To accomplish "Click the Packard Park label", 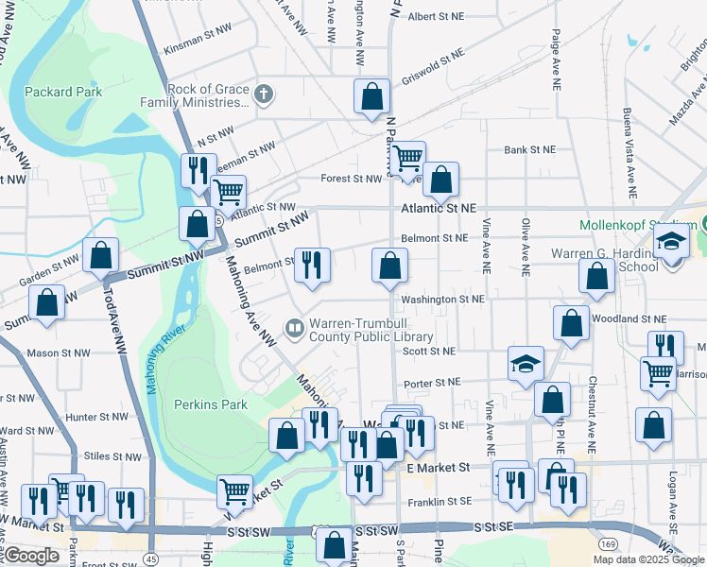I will tap(50, 93).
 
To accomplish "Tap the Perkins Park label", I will tap(211, 404).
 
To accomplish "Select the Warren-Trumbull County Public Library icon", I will tap(295, 329).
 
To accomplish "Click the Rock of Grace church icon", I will tap(264, 94).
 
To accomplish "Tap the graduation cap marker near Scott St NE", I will tap(526, 364).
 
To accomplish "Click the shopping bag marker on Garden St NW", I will tap(100, 255).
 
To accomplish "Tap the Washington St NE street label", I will tap(442, 299).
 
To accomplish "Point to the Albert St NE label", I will tap(436, 16).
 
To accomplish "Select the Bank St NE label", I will tap(529, 149).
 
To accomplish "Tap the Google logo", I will tap(30, 556).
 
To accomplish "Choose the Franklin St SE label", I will tap(440, 503).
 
